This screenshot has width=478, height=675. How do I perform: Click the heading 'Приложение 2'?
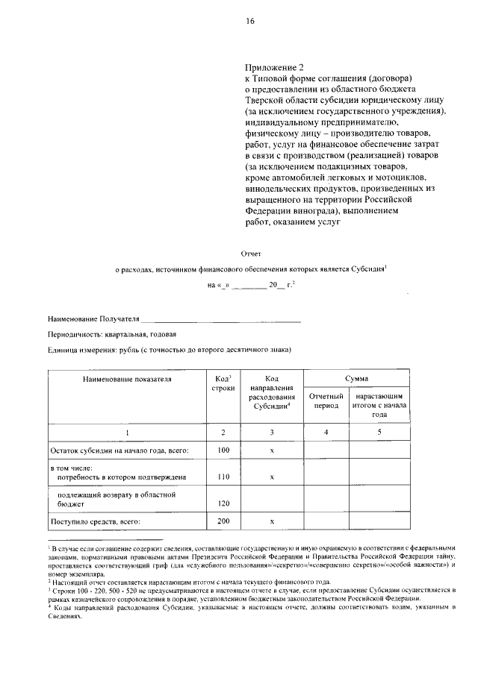point(275,66)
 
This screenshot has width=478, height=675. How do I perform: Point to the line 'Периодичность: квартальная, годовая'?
point(112,334)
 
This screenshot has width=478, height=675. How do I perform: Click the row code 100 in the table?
point(223,450)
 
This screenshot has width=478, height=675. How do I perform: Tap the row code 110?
point(223,476)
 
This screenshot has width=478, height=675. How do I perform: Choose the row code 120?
point(223,503)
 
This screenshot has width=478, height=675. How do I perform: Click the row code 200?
point(223,521)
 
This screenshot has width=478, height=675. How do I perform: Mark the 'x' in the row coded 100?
point(273,450)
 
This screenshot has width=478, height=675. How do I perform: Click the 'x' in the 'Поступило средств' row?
point(273,521)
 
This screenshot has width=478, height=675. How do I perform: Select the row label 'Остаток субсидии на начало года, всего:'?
point(119,450)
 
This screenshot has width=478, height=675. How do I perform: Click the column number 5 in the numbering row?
point(379,432)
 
